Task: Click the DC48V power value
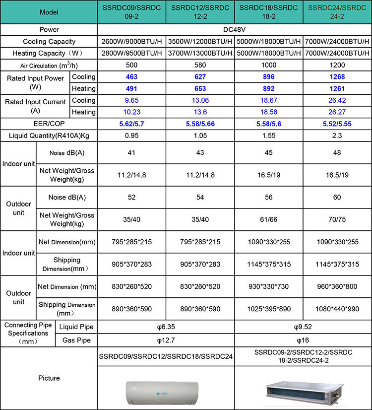click(x=235, y=29)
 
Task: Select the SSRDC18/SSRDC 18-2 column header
click(x=268, y=12)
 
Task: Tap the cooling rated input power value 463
click(x=131, y=77)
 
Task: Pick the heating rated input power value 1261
click(x=337, y=88)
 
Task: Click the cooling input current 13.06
click(x=200, y=100)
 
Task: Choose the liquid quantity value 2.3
click(x=337, y=135)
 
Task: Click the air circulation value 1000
click(x=268, y=66)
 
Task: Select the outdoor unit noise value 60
click(x=337, y=197)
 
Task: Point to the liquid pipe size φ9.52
click(x=303, y=327)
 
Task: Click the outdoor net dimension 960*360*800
click(x=337, y=286)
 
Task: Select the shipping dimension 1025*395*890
click(x=268, y=308)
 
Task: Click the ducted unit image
click(x=303, y=389)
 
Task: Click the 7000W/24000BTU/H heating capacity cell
click(x=337, y=53)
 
